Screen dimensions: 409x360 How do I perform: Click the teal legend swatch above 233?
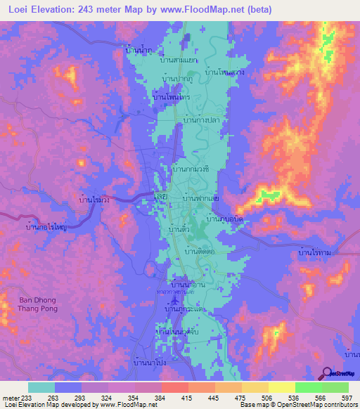(41, 387)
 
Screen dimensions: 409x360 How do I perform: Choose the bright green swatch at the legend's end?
(335, 387)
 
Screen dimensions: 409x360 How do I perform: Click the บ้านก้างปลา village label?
(202, 120)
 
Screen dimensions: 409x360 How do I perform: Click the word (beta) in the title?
(258, 9)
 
